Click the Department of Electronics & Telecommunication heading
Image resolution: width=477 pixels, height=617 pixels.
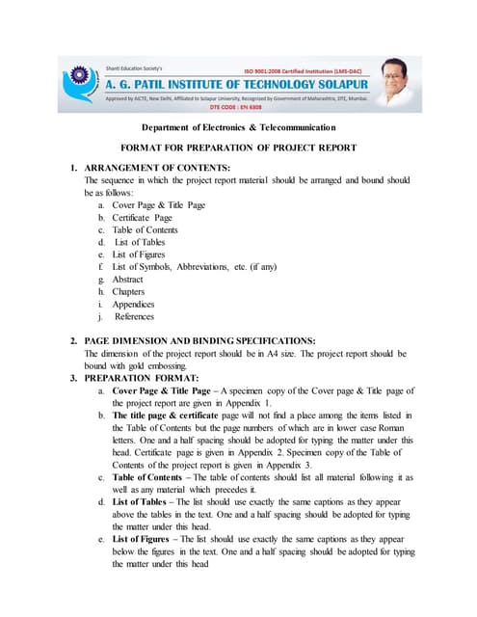click(238, 128)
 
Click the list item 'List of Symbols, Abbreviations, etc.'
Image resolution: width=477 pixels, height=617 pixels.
click(194, 266)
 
